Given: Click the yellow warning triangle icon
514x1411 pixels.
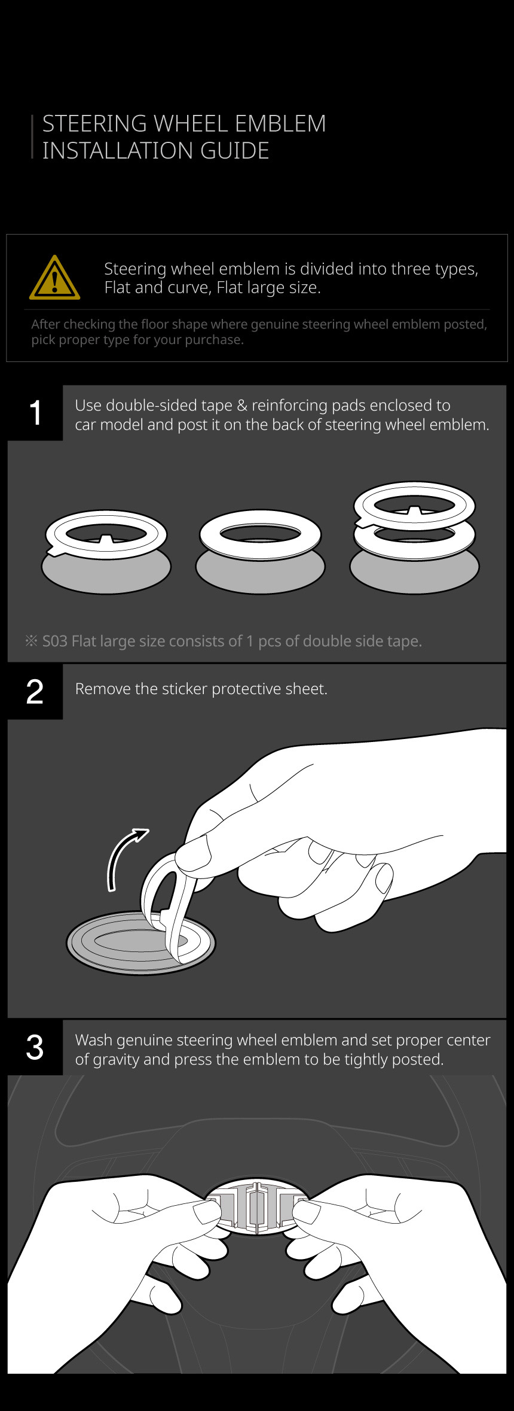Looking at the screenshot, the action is coord(54,278).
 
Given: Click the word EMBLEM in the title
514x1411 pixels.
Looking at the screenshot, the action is coord(280,124).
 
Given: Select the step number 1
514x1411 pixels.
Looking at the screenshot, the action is coord(35,413).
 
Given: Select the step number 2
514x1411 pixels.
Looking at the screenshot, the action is coord(35,692).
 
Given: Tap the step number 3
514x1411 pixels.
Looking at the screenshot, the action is coord(35,1047).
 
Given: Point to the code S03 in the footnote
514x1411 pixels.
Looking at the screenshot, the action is coord(54,641).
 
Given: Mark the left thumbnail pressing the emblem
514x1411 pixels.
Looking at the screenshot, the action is coord(207,1212).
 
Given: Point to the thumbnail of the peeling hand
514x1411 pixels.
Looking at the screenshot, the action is coord(192,850).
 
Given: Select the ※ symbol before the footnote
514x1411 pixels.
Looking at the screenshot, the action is coord(31,641).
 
